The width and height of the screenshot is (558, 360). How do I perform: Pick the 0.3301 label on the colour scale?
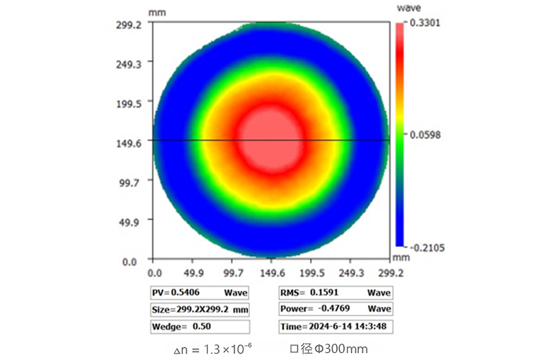(427, 22)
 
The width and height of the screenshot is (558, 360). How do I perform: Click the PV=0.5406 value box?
(199, 292)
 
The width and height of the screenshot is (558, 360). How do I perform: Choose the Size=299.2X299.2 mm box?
(199, 309)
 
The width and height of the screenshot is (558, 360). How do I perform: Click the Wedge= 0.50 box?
(199, 327)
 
